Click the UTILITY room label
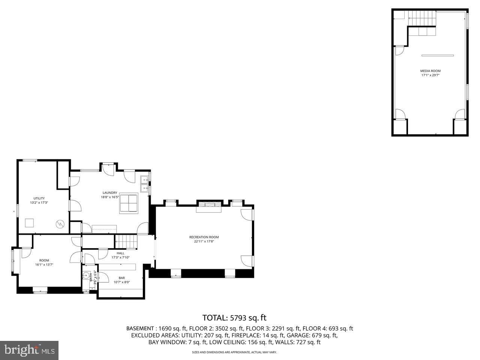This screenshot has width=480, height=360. (x=39, y=198)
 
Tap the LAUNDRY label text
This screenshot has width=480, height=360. (x=110, y=193)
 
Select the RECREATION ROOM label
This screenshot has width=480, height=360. (x=204, y=237)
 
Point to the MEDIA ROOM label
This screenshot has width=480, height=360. (x=430, y=71)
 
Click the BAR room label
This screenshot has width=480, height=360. (x=121, y=278)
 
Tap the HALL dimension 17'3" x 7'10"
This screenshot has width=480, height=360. (x=120, y=258)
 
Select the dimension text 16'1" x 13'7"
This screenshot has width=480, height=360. (x=44, y=265)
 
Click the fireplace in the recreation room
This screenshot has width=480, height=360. (x=210, y=205)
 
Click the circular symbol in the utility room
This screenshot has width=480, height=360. (x=60, y=224)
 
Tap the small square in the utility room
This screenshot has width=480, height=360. (x=30, y=223)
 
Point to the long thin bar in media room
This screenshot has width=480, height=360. (x=438, y=55)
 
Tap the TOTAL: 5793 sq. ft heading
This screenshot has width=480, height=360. (x=234, y=318)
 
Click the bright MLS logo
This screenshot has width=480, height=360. (x=29, y=350)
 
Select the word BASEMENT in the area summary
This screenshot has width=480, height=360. (x=139, y=328)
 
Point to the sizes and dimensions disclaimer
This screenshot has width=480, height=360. (x=234, y=352)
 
